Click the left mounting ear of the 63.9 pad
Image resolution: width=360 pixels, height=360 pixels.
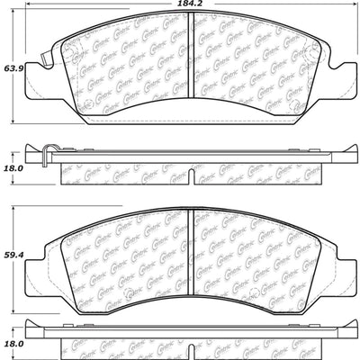(39, 67)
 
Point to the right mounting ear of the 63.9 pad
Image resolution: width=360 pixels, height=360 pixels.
(341, 68)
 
